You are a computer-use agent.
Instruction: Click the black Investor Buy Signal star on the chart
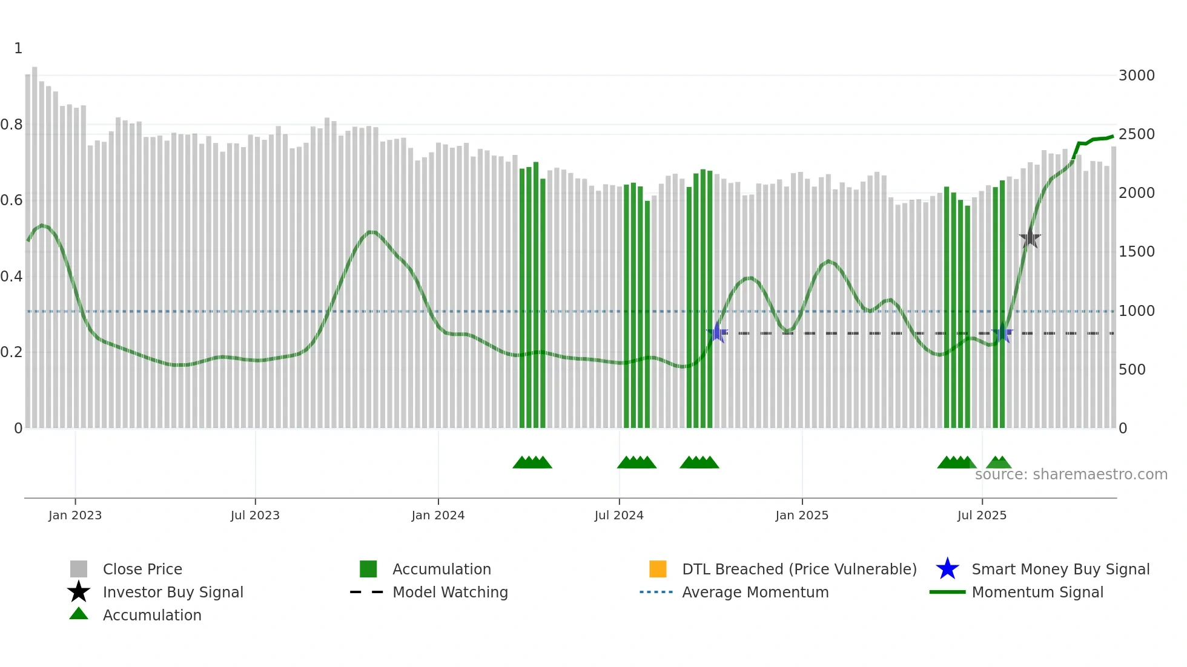tap(1030, 238)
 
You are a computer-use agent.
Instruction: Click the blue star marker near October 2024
tap(717, 333)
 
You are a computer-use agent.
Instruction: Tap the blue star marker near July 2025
tap(1002, 333)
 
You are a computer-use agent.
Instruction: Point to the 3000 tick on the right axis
tap(1136, 76)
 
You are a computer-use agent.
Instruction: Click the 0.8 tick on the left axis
tap(12, 125)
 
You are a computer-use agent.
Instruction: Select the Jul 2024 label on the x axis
tap(619, 515)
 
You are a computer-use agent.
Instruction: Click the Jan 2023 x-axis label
tap(75, 515)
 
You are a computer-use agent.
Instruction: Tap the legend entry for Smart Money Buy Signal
tap(1060, 569)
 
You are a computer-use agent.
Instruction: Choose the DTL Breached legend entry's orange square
tap(658, 569)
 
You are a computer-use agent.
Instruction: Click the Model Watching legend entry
tap(450, 592)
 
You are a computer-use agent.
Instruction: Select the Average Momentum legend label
tap(755, 592)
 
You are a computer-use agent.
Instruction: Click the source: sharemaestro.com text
tap(1071, 475)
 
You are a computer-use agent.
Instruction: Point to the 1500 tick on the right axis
tap(1136, 252)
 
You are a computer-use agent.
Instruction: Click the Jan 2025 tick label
tap(802, 515)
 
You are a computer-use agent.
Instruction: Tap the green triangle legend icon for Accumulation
tap(79, 614)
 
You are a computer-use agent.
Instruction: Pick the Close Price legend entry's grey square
tap(79, 569)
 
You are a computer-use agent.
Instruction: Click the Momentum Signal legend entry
tap(1037, 592)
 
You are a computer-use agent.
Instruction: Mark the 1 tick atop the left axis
tap(18, 48)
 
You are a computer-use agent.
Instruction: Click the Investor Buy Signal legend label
tap(173, 592)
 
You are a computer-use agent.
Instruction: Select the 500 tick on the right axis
tap(1132, 369)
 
